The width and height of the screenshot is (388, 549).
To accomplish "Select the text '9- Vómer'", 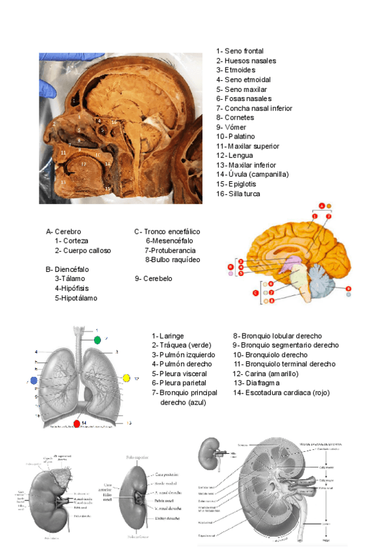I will [x=231, y=128].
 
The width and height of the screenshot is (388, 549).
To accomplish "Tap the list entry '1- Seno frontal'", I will [x=240, y=51].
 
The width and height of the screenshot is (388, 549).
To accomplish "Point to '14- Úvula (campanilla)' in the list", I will [x=252, y=175].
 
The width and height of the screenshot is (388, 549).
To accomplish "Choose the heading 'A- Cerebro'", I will [x=63, y=231].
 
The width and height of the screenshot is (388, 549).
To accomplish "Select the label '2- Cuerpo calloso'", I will [x=83, y=251].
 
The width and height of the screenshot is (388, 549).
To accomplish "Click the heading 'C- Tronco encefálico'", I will [x=167, y=231].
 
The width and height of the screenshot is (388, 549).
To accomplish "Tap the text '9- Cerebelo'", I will [x=153, y=279].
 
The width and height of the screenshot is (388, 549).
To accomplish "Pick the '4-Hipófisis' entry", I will [x=72, y=289].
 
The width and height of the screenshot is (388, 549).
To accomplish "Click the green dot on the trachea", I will [x=98, y=340].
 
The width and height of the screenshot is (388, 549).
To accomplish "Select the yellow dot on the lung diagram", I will [x=126, y=377].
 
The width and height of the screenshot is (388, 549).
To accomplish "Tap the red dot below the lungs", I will [x=77, y=424].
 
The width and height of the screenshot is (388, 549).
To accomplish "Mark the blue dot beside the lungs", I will [x=33, y=380].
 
